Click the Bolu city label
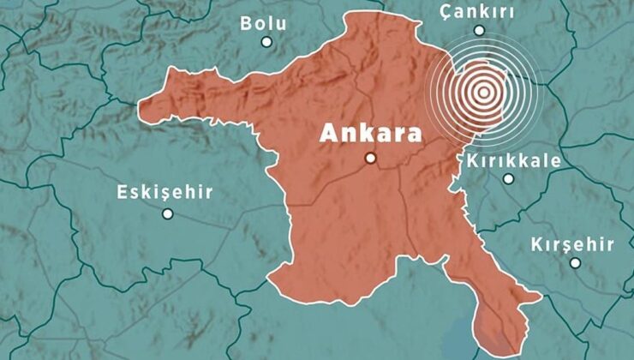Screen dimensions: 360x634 tap(264, 23)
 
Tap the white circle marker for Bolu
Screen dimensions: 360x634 tap(266, 41)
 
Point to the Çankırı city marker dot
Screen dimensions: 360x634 tap(479, 30)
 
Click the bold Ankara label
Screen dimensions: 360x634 tap(371, 134)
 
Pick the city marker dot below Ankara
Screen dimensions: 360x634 tap(371, 158)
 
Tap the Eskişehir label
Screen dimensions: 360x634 tap(164, 192)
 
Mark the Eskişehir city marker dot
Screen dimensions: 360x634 tap(168, 213)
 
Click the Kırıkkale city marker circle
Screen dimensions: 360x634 tap(509, 179)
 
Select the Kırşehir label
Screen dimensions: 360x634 tap(572, 244)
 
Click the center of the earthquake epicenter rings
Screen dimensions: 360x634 tap(484, 91)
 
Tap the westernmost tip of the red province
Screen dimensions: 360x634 tap(140, 106)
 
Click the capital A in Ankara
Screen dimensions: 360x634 tap(328, 134)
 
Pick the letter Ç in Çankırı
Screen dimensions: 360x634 tap(446, 12)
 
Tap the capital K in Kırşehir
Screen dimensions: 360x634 tap(537, 244)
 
